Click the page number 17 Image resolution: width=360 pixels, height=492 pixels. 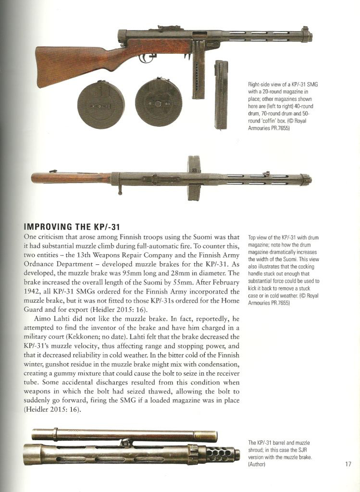[x=348, y=464]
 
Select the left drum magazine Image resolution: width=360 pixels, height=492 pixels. [x=101, y=105]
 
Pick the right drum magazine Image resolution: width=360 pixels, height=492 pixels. [x=158, y=102]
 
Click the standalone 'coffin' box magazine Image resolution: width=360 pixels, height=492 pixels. [x=221, y=94]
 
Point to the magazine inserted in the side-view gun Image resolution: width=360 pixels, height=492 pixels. [x=198, y=72]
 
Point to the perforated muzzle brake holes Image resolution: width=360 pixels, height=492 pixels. [x=222, y=453]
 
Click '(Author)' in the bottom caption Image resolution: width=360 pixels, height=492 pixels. [x=257, y=465]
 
